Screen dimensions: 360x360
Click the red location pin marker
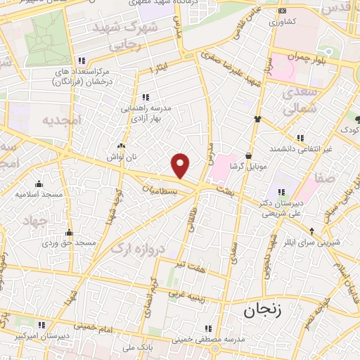pyautogui.click(x=181, y=165)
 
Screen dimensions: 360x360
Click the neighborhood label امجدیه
pyautogui.click(x=61, y=120)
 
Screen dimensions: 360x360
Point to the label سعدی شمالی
pyautogui.click(x=302, y=101)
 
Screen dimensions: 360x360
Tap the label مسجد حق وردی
pyautogui.click(x=69, y=243)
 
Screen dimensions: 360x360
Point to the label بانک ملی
pyautogui.click(x=117, y=347)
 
